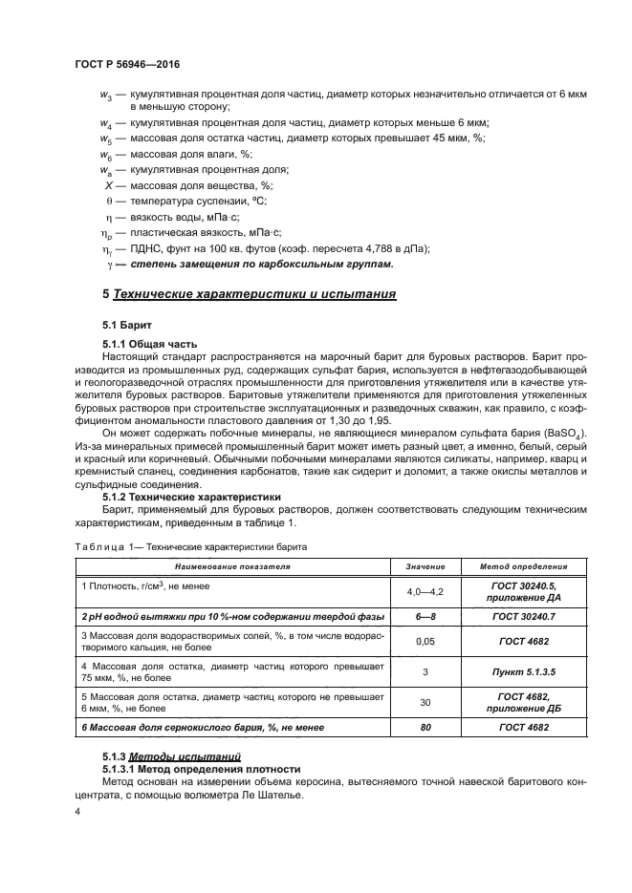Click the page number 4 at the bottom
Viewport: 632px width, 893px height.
tap(77, 811)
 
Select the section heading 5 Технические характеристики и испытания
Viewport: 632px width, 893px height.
tap(249, 293)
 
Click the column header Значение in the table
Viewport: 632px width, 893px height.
tap(425, 565)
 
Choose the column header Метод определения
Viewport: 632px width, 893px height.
tap(525, 565)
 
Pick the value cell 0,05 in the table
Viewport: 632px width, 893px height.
tap(425, 642)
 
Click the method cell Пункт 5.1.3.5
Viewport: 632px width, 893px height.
tap(525, 671)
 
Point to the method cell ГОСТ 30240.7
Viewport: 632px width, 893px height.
tap(525, 616)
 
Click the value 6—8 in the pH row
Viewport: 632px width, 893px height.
tap(425, 616)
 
